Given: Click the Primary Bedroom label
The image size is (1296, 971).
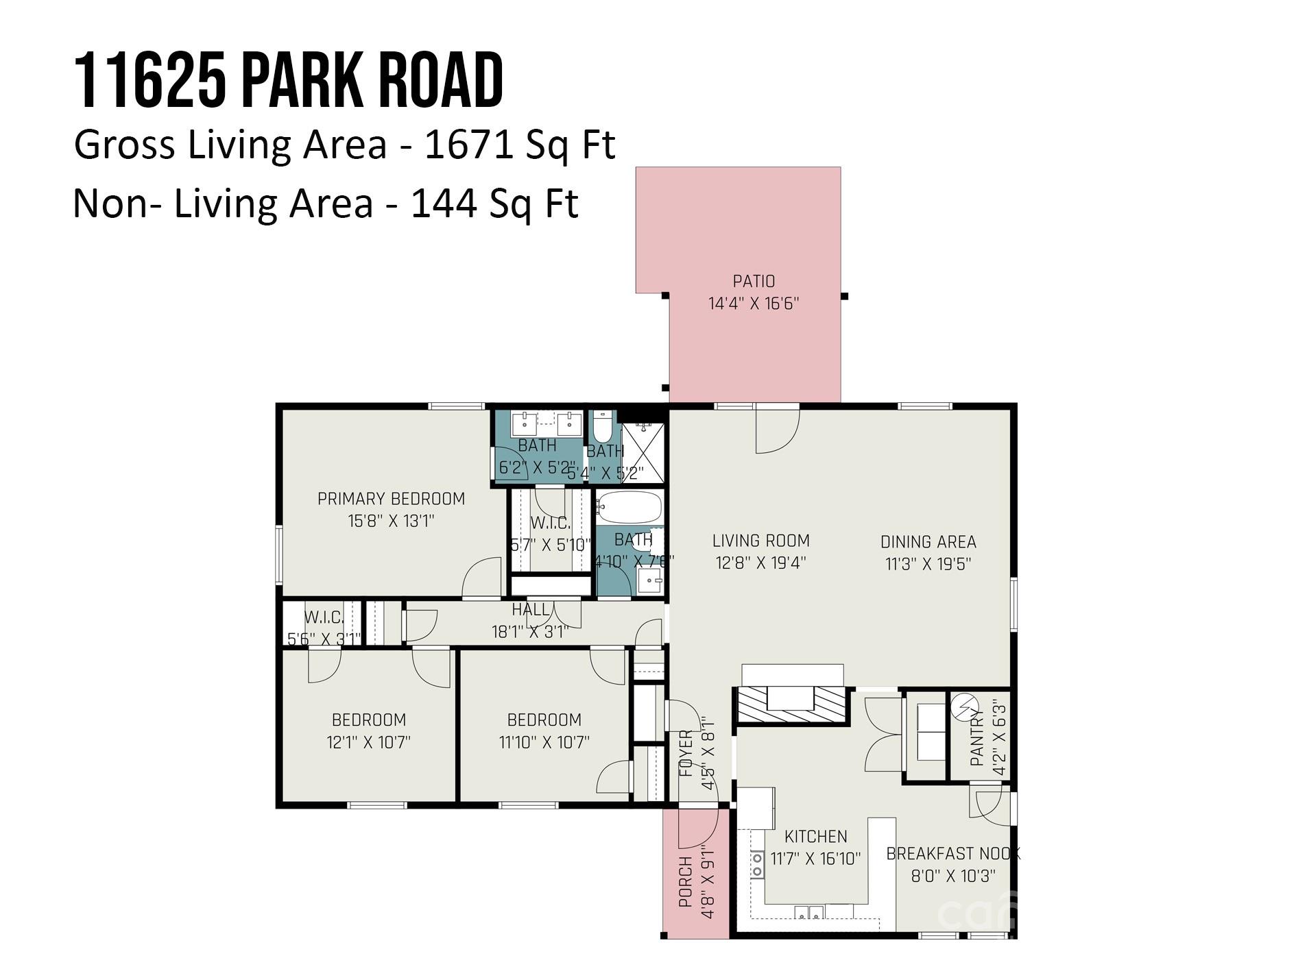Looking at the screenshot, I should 391,499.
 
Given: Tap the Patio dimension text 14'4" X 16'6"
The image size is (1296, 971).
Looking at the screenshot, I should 754,304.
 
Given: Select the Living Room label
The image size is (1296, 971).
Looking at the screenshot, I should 760,541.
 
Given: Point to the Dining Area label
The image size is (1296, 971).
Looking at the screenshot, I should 928,542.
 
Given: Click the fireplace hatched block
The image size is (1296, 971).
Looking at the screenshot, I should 792,704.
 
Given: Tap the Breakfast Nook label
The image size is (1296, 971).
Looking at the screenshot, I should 952,854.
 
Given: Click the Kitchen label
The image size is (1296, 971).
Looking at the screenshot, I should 815,837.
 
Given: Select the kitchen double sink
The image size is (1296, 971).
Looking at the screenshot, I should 809,912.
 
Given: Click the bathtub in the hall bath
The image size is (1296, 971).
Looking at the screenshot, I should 629,507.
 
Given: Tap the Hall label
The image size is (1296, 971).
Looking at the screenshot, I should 530,609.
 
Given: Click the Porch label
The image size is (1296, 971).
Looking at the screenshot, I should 685,882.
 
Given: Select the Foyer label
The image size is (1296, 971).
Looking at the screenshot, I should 686,754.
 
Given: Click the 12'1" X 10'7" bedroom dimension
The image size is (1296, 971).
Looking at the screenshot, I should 369,742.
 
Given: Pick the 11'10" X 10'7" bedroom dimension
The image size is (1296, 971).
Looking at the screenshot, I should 544,742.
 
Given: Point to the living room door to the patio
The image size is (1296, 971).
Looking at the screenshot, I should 777,430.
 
